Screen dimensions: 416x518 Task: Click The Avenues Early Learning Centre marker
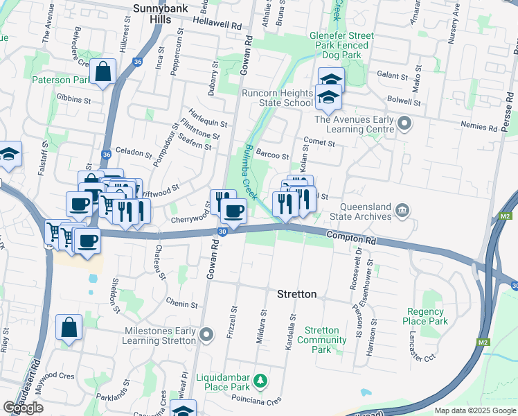point(406,125)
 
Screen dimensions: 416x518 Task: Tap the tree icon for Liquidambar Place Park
point(260,380)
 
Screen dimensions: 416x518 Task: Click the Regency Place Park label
point(426,317)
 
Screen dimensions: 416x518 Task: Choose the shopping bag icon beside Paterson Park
point(102,71)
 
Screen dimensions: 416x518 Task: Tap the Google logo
point(24,408)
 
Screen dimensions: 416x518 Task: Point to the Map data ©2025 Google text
point(474,410)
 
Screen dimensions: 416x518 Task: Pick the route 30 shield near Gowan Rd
point(222,232)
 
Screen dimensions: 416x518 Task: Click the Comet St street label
point(320,144)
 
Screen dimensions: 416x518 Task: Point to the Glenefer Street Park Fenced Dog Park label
point(341,45)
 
